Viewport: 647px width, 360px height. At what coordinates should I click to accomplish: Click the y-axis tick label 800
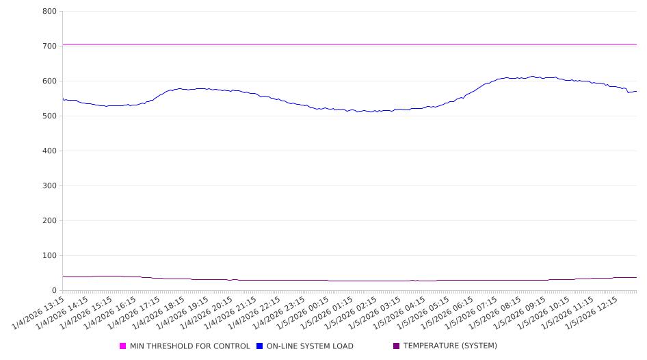click(x=49, y=11)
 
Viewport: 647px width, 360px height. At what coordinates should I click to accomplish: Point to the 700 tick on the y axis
click(x=49, y=46)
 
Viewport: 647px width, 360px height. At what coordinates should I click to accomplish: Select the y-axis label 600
click(x=49, y=81)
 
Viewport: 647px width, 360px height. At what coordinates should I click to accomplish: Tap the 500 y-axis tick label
click(x=49, y=116)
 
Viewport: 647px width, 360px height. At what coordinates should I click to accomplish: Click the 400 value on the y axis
click(x=49, y=151)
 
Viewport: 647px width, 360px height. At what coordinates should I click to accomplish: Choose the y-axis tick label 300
click(x=49, y=185)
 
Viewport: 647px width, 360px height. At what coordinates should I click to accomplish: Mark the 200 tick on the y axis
click(x=49, y=220)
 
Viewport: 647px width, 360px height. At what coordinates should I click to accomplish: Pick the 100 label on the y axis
click(x=49, y=255)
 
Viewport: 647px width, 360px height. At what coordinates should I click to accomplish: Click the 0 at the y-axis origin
click(x=55, y=290)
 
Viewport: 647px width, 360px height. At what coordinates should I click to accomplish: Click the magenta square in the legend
click(x=123, y=346)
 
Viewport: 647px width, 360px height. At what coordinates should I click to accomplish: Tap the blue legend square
click(x=260, y=346)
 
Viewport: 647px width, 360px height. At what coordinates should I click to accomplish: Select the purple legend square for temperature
click(x=397, y=346)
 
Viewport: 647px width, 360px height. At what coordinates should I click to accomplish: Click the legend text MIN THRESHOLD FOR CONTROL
click(x=189, y=346)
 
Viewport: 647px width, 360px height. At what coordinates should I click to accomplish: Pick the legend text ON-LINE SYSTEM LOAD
click(x=310, y=346)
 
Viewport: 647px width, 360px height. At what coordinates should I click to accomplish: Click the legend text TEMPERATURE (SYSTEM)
click(x=450, y=346)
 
